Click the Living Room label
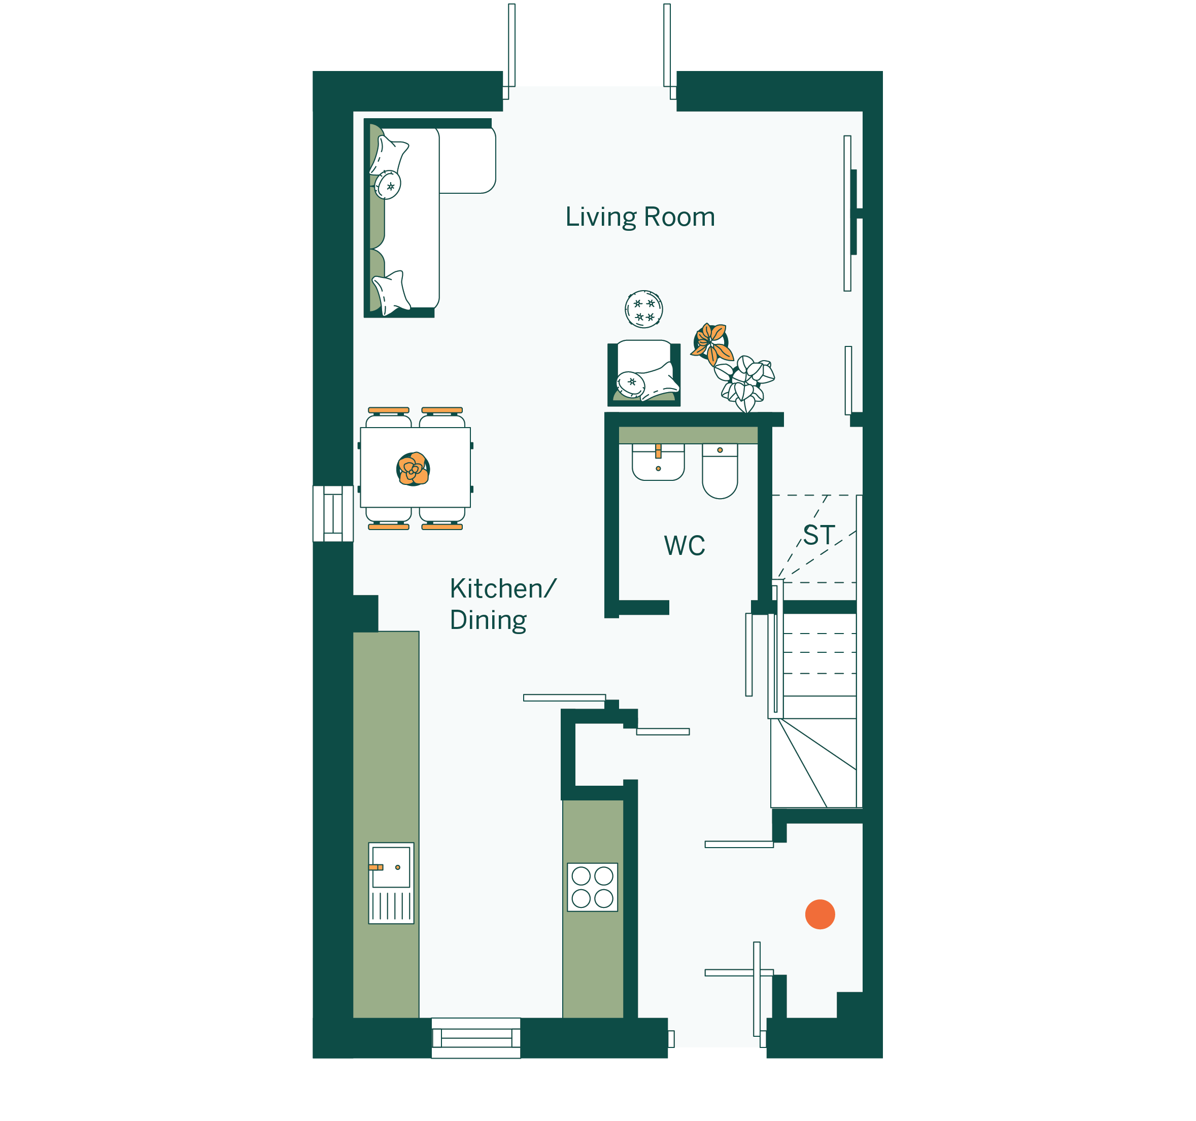click(640, 217)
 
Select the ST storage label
click(819, 535)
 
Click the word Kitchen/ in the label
click(503, 589)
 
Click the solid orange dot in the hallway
click(820, 915)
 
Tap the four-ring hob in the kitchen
click(593, 887)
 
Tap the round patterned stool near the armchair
click(644, 309)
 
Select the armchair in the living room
click(644, 373)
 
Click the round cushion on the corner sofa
click(388, 185)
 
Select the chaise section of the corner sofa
click(467, 161)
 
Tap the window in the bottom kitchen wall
click(476, 1038)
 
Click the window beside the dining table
click(333, 514)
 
